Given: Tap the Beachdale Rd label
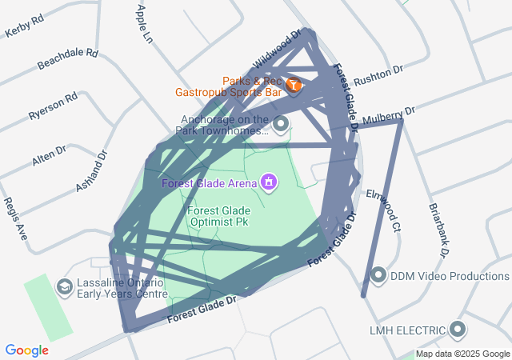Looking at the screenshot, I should pos(67,61).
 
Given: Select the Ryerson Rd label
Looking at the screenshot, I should pos(53,106).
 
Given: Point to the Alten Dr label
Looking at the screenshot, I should pos(50,156).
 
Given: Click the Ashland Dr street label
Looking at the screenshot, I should pos(90,172).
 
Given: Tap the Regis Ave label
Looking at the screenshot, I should pos(15,219).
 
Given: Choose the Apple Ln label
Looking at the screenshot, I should pos(144,23).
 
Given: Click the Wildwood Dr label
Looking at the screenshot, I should pos(276,50).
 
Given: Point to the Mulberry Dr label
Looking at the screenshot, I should pos(389,116).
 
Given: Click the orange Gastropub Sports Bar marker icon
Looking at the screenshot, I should pos(294,84).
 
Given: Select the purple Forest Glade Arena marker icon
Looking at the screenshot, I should pos(269,183).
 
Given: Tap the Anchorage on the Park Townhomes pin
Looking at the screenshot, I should pos(281,124).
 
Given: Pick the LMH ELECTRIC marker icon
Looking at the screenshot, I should pos(458,330).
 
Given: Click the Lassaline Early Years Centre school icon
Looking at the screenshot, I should pos(63,286).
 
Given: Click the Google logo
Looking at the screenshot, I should pos(26,350).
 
